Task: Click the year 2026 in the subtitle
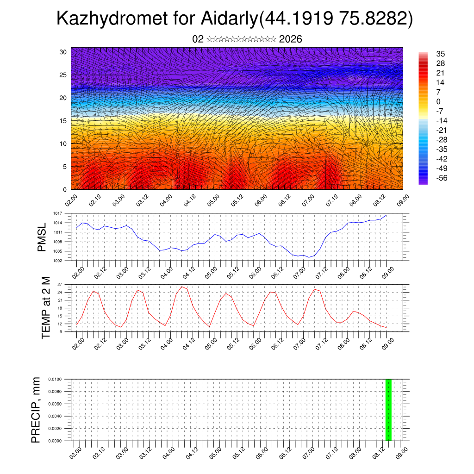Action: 291,39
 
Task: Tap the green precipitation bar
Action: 388,410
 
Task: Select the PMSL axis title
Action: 42,237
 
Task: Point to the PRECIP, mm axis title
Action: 36,410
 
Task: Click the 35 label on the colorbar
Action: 440,54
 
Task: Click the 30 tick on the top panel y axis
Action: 62,52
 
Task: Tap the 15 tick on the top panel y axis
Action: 62,121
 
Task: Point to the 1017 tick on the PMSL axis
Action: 58,213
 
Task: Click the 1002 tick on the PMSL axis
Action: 58,261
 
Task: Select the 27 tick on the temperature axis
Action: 60,284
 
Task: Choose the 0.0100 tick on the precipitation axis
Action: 55,379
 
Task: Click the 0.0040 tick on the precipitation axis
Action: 55,416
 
